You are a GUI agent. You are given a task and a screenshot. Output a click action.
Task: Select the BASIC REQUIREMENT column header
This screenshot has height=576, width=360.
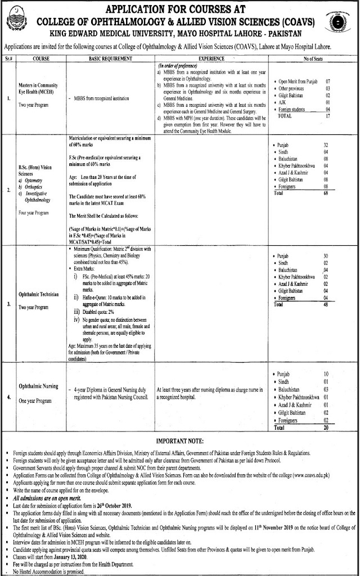click(x=110, y=57)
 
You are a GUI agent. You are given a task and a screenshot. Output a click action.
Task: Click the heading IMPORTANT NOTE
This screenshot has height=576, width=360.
click(x=179, y=442)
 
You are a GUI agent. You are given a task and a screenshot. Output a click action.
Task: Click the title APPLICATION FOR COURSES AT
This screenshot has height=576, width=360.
click(x=179, y=8)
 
